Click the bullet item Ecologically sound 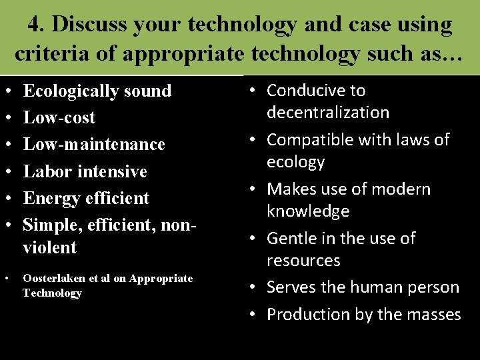point(97,91)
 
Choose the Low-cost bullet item point(59,117)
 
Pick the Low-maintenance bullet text point(94,144)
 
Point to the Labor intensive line point(85,171)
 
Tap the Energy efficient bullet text point(86,198)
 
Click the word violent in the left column point(50,247)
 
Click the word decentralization point(328,112)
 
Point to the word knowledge point(308,211)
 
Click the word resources point(303,260)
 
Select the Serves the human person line point(363,287)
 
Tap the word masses point(434,314)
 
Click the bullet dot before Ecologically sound point(6,91)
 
